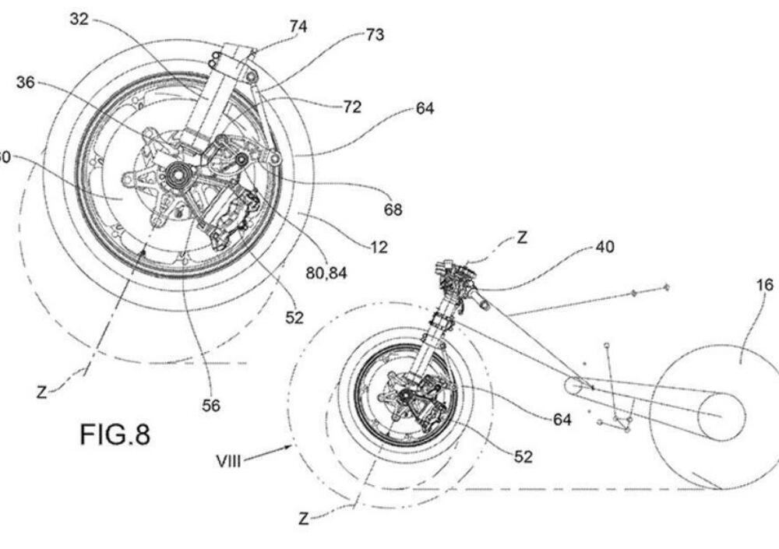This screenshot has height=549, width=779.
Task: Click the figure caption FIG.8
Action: pos(115,435)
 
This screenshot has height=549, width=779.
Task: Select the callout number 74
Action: pos(298,27)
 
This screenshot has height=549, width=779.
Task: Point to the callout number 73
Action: pos(375,35)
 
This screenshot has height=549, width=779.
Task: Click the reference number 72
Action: pos(351,107)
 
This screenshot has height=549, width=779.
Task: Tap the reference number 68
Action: pos(393,209)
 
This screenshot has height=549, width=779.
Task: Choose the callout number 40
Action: pos(604,248)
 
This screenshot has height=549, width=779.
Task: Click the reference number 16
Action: pos(766,285)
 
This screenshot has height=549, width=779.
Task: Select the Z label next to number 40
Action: pos(521,238)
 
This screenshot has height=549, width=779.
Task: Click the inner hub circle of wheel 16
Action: pos(721,415)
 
